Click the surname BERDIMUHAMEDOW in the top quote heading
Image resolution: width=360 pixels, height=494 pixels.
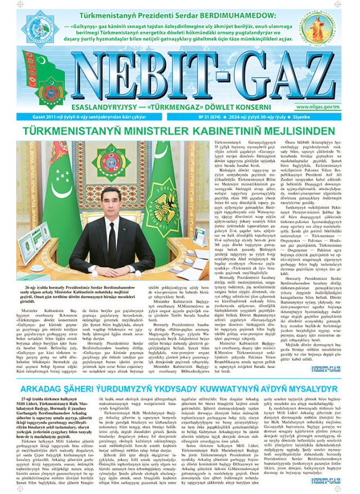(x=245, y=14)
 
